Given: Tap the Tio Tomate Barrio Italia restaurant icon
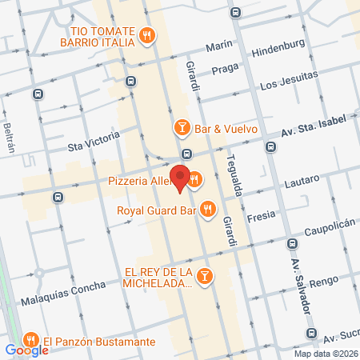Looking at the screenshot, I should click(146, 34).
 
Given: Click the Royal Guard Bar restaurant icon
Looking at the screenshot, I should click(207, 209).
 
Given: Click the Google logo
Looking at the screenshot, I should click(26, 350).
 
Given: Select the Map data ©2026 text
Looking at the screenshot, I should click(325, 354).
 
